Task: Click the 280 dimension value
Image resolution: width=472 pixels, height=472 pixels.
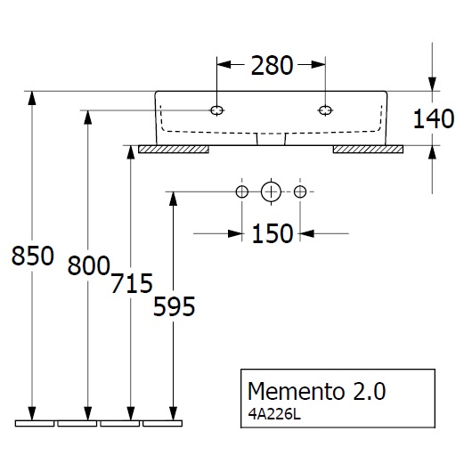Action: (x=271, y=65)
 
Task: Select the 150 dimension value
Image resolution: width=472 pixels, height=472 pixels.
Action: (x=272, y=233)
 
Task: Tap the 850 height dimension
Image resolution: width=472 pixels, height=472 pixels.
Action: (x=29, y=256)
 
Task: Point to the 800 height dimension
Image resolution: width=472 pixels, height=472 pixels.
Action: (x=88, y=264)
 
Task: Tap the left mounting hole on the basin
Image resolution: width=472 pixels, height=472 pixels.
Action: (x=216, y=110)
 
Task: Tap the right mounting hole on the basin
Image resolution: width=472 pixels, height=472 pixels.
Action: (x=325, y=110)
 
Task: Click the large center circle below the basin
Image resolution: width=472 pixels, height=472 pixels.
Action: (x=271, y=191)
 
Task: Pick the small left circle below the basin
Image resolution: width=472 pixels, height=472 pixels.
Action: (x=240, y=191)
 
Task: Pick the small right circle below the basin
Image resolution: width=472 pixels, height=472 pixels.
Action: (x=300, y=191)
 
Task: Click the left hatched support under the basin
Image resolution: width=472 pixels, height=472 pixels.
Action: (x=175, y=150)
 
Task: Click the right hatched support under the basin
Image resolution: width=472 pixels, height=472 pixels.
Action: (x=369, y=150)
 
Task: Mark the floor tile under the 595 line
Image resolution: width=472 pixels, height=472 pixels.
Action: (x=164, y=422)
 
